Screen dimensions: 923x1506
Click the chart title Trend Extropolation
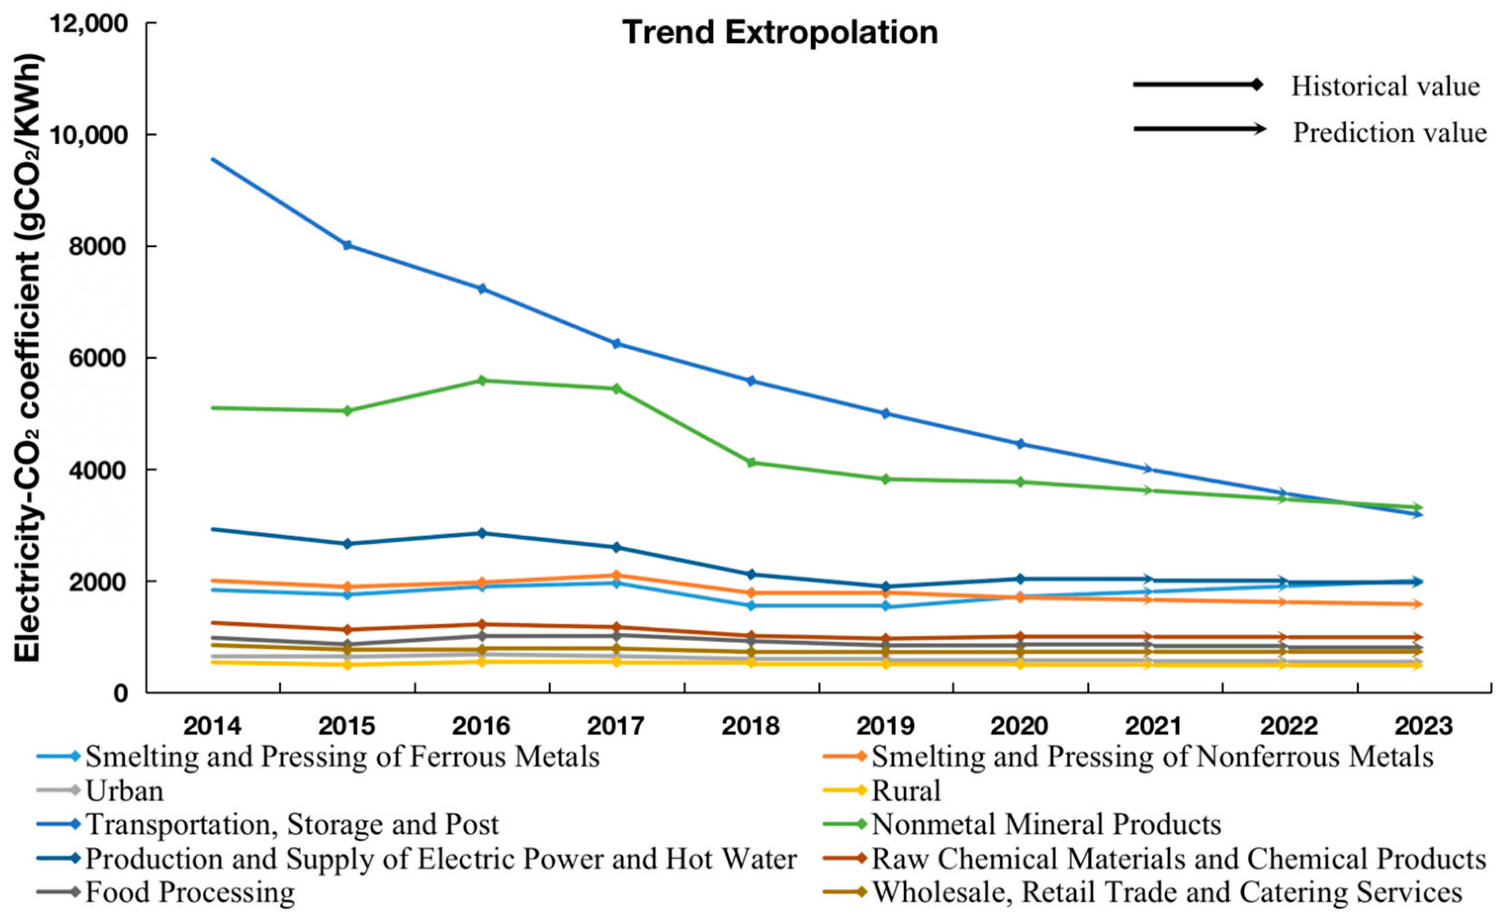click(780, 33)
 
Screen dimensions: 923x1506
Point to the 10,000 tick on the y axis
click(95, 135)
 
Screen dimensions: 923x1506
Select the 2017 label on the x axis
click(616, 726)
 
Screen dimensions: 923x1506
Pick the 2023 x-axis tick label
click(1423, 726)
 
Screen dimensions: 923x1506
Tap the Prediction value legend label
click(1389, 133)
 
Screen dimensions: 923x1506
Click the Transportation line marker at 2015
click(347, 245)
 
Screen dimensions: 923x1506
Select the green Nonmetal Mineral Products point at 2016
click(481, 380)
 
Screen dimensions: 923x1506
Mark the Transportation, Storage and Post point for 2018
click(751, 381)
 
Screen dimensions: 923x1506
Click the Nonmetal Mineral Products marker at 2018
click(751, 462)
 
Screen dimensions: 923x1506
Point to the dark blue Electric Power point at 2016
click(481, 533)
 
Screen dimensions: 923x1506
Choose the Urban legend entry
click(125, 791)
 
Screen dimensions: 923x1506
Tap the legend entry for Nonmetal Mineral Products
click(1046, 825)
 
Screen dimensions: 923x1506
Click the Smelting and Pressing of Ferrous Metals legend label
click(342, 757)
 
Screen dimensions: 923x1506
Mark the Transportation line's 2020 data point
click(1020, 444)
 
